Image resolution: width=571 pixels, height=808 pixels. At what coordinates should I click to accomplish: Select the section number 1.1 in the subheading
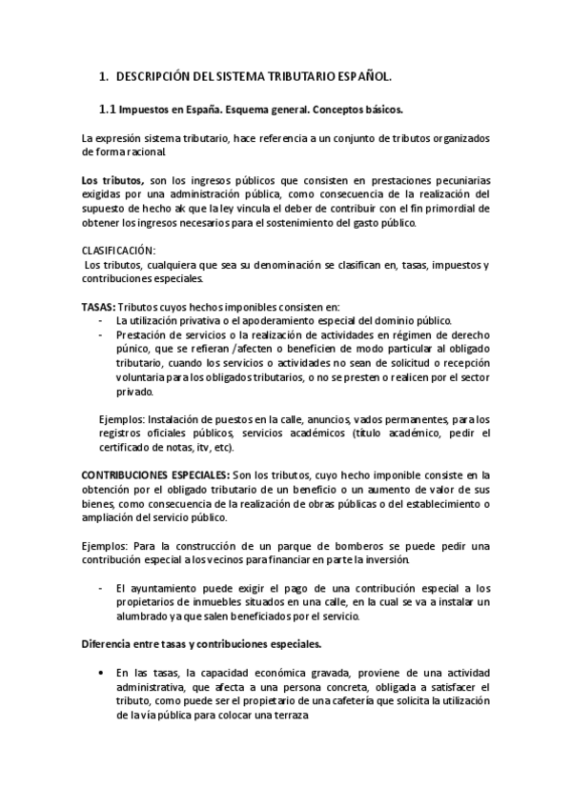pos(108,110)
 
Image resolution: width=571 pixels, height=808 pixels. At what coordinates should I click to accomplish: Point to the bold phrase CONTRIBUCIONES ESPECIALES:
pos(155,474)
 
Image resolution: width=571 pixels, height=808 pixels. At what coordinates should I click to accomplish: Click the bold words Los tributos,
pos(112,180)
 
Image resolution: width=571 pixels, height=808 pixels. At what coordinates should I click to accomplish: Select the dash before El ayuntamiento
pos(101,589)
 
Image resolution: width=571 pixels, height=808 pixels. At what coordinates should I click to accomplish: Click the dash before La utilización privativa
pos(101,320)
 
